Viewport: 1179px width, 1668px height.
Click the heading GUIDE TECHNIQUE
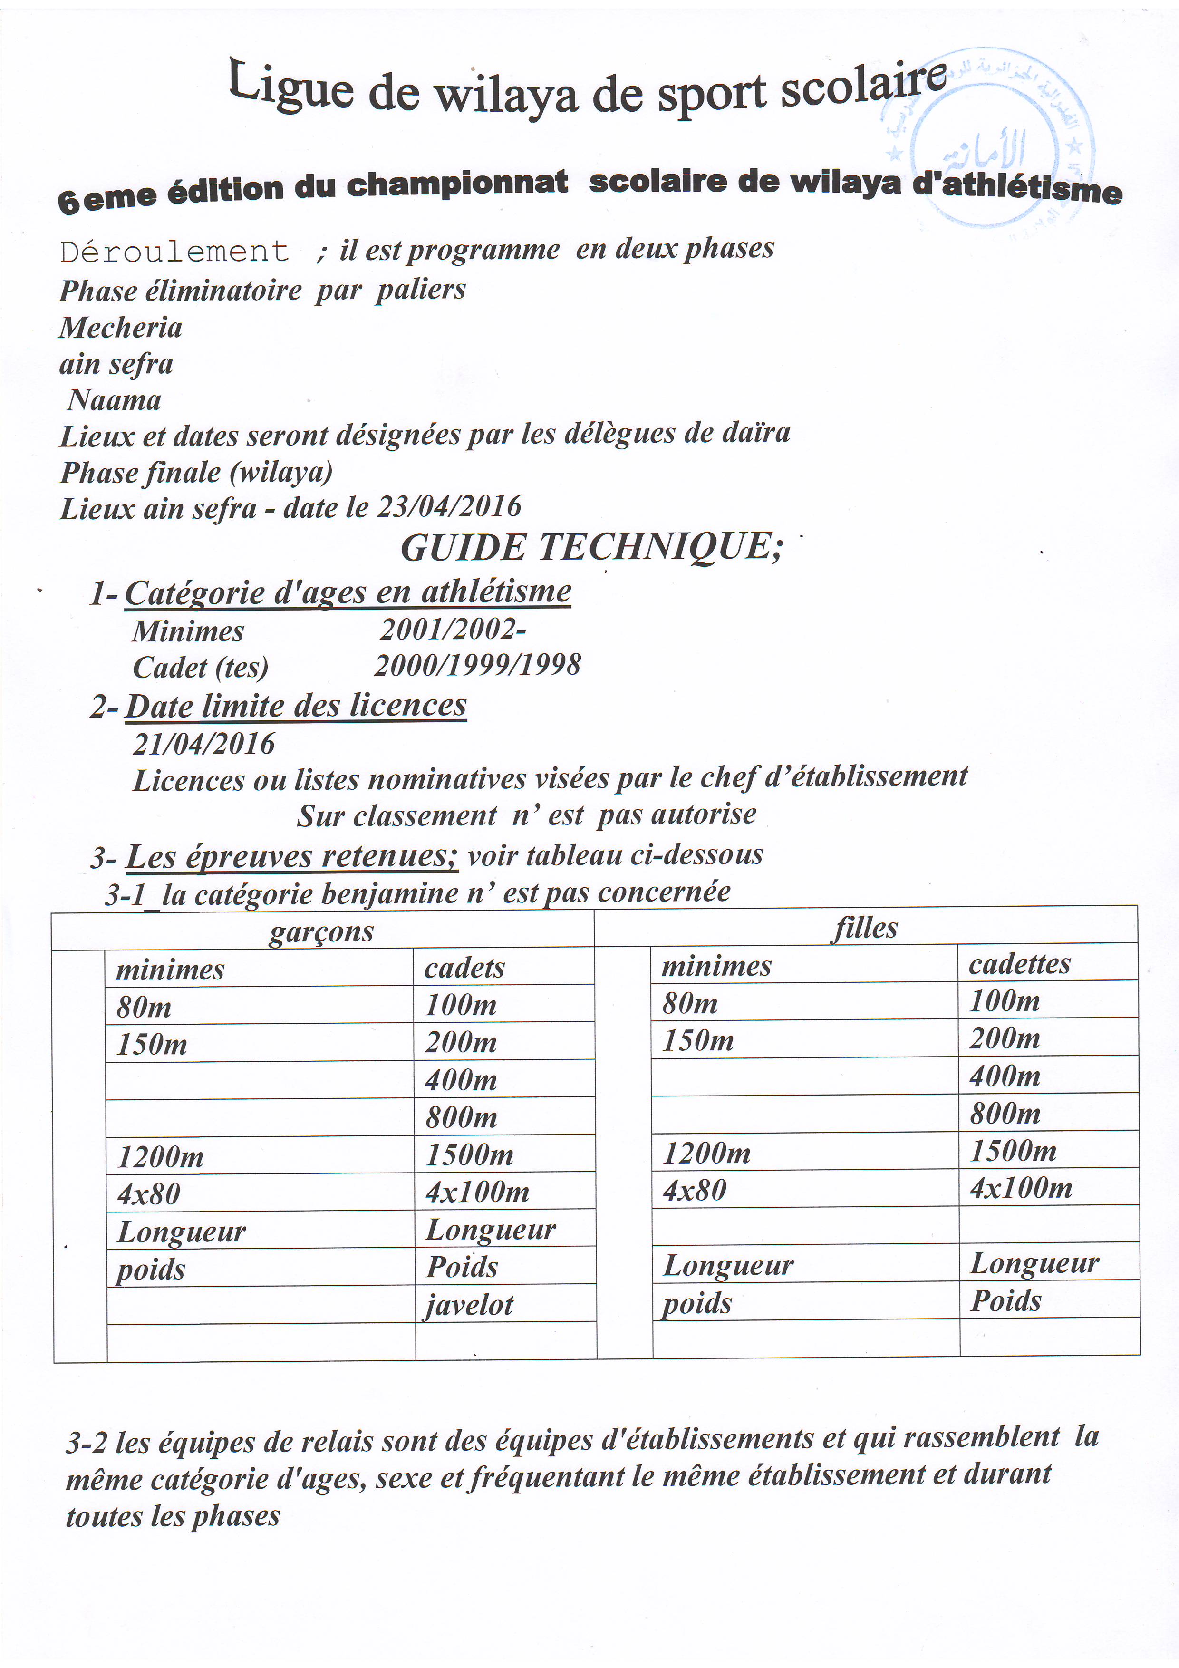pos(591,547)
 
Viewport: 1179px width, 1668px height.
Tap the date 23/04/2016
pos(449,506)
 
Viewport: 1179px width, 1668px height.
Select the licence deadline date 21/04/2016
pos(204,743)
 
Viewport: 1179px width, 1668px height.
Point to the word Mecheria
pos(121,328)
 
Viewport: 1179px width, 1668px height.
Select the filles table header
pos(865,928)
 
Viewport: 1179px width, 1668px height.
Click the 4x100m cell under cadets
pos(477,1192)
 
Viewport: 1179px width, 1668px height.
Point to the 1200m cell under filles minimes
pos(706,1154)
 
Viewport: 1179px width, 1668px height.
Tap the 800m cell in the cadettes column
pos(1005,1114)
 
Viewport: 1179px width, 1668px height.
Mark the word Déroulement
pos(174,252)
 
